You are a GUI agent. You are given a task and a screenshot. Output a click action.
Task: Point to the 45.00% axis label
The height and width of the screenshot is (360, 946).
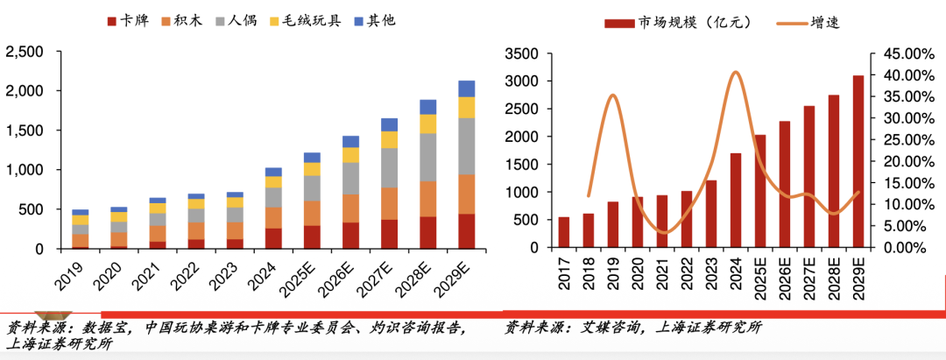pyautogui.click(x=903, y=54)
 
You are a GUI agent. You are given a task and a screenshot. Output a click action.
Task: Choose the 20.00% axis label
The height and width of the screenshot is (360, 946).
pyautogui.click(x=903, y=161)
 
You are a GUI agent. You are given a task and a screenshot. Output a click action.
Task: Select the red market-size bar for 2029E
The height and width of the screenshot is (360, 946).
pyautogui.click(x=858, y=162)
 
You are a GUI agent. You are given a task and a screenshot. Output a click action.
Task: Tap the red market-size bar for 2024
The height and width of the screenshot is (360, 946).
pyautogui.click(x=736, y=201)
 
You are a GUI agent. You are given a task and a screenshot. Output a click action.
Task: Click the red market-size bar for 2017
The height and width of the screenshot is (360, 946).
pyautogui.click(x=564, y=232)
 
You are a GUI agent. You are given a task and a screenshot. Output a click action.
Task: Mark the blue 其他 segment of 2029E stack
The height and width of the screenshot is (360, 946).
pyautogui.click(x=466, y=88)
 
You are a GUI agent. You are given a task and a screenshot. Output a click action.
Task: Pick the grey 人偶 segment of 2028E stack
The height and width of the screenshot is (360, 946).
pyautogui.click(x=427, y=158)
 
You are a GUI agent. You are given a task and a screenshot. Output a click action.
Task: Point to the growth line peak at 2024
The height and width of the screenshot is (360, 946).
pyautogui.click(x=736, y=72)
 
